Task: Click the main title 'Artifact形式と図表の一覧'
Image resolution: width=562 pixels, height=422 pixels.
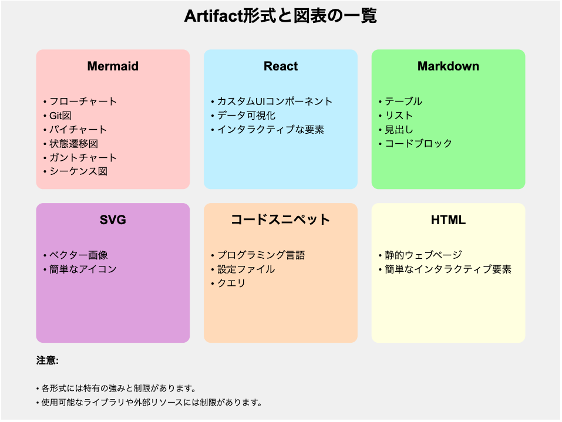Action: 280,16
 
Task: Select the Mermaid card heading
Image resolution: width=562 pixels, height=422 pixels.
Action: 113,66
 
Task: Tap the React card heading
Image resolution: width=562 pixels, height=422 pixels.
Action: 281,66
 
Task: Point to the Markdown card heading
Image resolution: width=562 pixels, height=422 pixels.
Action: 448,66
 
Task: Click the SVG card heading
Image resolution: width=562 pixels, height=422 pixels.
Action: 113,220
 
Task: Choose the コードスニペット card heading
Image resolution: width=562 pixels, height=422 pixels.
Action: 280,220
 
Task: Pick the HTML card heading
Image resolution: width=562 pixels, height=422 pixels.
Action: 448,220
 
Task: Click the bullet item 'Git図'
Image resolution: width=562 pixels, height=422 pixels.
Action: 60,116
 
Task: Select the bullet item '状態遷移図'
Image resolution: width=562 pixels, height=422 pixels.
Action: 73,144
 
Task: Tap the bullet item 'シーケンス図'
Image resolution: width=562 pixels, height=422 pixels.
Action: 78,171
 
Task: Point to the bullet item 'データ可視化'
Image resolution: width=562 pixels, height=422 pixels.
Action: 246,116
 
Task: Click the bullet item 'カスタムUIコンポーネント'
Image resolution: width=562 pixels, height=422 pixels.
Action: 275,102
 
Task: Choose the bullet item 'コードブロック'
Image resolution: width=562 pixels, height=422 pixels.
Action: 418,144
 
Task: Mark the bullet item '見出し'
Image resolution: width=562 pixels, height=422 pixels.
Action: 399,130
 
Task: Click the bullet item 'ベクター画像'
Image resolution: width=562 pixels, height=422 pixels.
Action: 79,255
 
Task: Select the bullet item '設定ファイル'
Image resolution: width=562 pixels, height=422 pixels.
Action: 246,269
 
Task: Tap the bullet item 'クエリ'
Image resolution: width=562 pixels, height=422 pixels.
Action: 231,283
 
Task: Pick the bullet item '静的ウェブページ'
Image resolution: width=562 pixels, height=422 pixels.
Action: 423,255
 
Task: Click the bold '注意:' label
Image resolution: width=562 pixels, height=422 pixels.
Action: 48,360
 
